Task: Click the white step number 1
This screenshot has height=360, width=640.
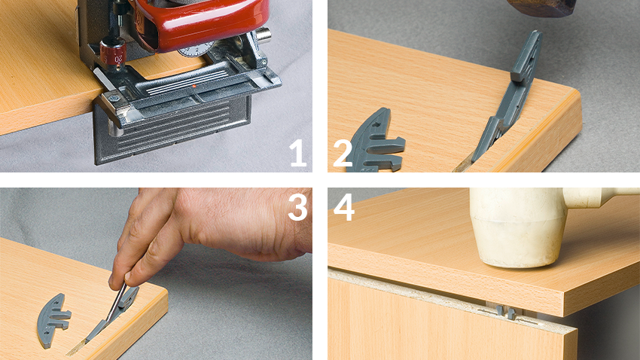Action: pyautogui.click(x=298, y=153)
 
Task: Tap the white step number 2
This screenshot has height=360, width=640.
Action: pyautogui.click(x=343, y=154)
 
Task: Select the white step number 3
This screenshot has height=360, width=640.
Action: pyautogui.click(x=297, y=207)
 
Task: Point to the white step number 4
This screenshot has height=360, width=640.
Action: pyautogui.click(x=344, y=207)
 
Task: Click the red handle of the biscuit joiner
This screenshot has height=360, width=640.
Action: pyautogui.click(x=200, y=25)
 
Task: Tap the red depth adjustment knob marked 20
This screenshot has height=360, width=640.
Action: pyautogui.click(x=114, y=54)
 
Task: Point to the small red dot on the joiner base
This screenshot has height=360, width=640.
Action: pyautogui.click(x=194, y=86)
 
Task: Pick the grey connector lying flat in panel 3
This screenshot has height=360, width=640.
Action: pyautogui.click(x=53, y=319)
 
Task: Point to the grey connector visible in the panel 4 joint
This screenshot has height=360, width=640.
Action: pyautogui.click(x=505, y=313)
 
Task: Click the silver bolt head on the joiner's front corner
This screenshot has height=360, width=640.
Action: pyautogui.click(x=114, y=98)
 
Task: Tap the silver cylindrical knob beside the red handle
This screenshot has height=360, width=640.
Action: pyautogui.click(x=263, y=35)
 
